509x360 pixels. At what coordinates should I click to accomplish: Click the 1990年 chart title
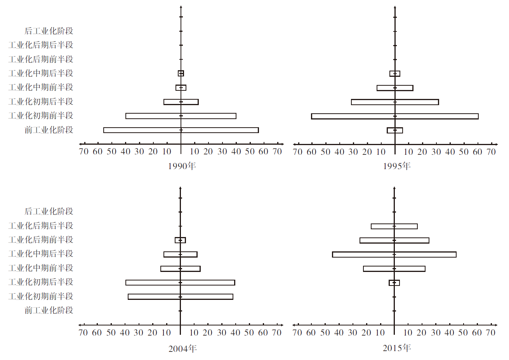tap(182, 166)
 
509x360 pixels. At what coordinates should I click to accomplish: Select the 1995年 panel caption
tap(396, 166)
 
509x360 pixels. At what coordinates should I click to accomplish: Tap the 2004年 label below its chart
tap(182, 349)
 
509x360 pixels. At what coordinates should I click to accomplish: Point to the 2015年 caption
tap(396, 348)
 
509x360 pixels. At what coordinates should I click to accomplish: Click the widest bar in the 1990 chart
tap(181, 130)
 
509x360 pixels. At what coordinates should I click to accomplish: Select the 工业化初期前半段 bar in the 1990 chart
tap(181, 116)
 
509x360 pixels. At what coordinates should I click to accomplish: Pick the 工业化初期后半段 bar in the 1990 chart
tap(181, 102)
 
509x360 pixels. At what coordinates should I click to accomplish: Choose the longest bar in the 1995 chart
tap(395, 116)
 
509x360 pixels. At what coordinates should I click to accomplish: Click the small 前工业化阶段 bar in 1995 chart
tap(395, 130)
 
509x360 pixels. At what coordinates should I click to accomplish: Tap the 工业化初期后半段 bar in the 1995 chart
tap(395, 102)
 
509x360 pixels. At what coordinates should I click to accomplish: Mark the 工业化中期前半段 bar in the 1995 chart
tap(395, 88)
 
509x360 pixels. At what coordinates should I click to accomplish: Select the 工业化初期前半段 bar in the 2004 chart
tap(181, 297)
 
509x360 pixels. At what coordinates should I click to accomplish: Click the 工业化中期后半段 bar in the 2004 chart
tap(181, 254)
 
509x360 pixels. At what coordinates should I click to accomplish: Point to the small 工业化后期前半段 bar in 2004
tap(181, 240)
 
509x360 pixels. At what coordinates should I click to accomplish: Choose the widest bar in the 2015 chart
tap(394, 254)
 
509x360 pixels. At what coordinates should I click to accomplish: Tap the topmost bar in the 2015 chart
tap(394, 226)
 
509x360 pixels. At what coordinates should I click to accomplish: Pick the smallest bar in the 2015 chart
tap(394, 283)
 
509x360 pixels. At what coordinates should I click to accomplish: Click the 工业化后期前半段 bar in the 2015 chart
tap(394, 241)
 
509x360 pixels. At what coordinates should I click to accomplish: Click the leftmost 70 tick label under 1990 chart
tap(83, 151)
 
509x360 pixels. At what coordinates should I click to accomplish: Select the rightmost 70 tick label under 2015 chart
tap(491, 332)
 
